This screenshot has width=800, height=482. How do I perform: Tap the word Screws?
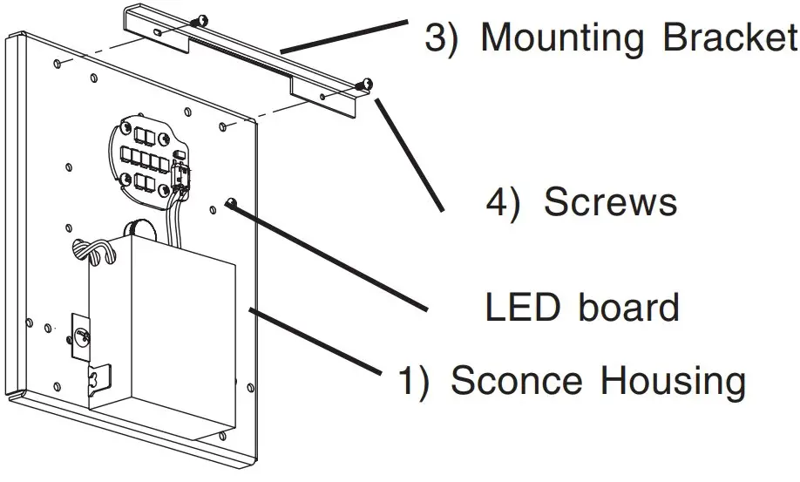610,202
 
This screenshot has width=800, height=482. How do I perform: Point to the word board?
628,307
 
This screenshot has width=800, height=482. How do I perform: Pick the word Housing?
672,382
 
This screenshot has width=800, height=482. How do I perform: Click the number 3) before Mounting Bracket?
441,38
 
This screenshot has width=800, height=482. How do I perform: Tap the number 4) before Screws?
503,202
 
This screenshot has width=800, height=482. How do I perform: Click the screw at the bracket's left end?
201,21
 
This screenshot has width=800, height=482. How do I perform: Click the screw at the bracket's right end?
366,84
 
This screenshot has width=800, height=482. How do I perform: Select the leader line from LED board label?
331,257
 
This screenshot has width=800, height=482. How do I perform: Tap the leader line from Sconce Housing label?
318,341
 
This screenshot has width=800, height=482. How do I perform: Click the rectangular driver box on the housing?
166,322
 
